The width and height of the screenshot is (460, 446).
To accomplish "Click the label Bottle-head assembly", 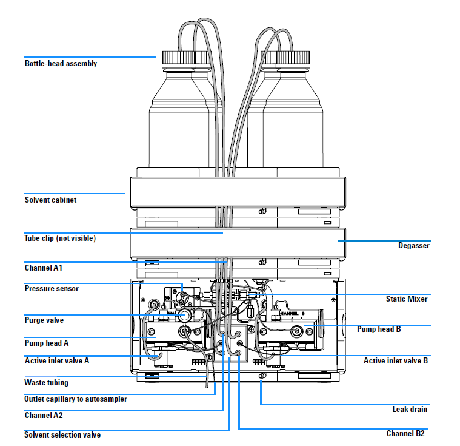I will (61, 64).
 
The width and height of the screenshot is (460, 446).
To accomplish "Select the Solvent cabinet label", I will (50, 200).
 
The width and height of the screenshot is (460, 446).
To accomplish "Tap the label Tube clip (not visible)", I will (60, 238).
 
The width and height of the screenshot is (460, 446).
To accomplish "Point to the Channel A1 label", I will (44, 268).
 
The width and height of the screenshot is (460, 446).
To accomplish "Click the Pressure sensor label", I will (52, 289).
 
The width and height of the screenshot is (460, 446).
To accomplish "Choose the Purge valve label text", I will (44, 320).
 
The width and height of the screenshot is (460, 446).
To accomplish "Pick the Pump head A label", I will (46, 343).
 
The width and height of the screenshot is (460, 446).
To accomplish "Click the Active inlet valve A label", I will (57, 360).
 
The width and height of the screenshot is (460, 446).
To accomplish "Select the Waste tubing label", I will (46, 383).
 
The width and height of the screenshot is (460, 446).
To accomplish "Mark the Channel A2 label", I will (44, 416).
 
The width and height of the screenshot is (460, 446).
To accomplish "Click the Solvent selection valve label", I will (62, 435).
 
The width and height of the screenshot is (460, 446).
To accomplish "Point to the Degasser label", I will (414, 246).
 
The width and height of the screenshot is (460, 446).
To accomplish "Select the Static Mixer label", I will (407, 299).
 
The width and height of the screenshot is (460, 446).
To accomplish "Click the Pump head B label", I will (395, 329).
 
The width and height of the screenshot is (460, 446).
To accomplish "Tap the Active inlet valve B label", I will (396, 361).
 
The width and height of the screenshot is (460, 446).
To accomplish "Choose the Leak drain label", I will (410, 410).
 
